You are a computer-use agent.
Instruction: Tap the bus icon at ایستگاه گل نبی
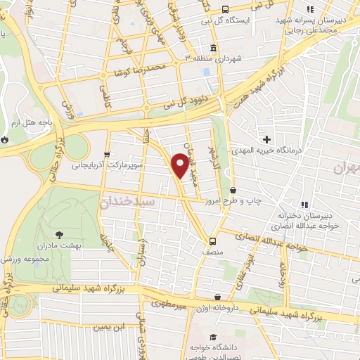pos(224,9)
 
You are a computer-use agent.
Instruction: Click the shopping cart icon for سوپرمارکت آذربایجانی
pos(106,155)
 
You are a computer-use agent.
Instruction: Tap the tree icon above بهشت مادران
pos(57,235)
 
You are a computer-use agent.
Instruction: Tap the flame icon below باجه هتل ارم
pos(6,139)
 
